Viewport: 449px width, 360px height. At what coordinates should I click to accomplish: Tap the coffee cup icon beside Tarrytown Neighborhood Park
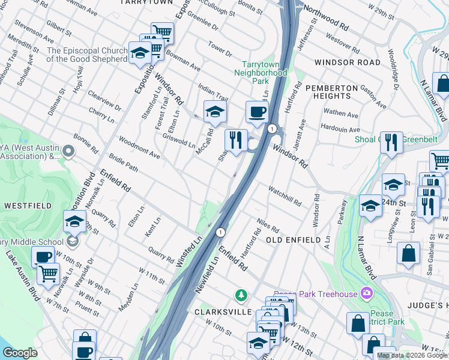(257, 112)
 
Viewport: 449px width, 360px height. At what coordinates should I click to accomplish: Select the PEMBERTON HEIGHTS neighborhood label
(328, 92)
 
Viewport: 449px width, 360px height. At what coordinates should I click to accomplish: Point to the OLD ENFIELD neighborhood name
(293, 240)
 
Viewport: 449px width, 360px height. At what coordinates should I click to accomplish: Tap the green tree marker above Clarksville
(241, 295)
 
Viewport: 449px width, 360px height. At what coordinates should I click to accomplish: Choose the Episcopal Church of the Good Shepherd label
(87, 55)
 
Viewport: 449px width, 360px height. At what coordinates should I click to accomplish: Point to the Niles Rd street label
(268, 225)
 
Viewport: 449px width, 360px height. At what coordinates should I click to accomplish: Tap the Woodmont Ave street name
(139, 148)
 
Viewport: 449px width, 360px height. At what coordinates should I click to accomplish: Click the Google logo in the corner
(20, 353)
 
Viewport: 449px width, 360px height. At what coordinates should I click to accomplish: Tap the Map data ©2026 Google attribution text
(411, 356)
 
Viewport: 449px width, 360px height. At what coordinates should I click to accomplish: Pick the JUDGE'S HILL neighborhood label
(427, 304)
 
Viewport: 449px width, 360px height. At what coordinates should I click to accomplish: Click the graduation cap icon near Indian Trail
(215, 111)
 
